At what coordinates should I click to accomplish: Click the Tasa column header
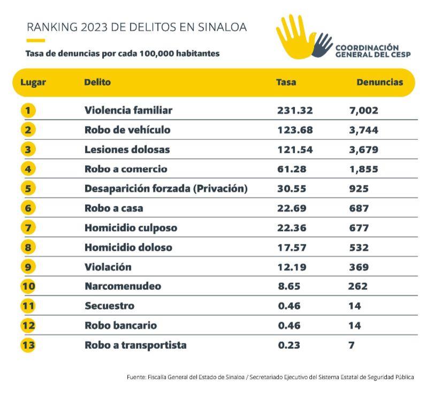(x=286, y=82)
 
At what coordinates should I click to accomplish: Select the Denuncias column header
(x=380, y=82)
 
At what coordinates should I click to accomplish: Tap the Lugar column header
(x=33, y=83)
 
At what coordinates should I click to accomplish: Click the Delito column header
(x=97, y=82)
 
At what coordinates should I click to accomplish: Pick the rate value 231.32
(x=295, y=110)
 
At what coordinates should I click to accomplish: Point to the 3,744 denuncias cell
(x=364, y=130)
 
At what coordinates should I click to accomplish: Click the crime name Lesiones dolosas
(x=127, y=149)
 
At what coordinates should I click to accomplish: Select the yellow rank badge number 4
(x=28, y=169)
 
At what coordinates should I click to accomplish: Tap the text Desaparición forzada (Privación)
(x=166, y=189)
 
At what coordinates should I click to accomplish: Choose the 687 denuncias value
(x=359, y=208)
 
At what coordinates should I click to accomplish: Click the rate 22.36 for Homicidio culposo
(x=292, y=228)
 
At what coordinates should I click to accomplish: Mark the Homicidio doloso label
(x=128, y=247)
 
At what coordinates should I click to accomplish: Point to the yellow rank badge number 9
(x=28, y=267)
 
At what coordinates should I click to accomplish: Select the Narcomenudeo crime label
(x=123, y=286)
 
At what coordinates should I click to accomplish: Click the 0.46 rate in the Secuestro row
(x=289, y=306)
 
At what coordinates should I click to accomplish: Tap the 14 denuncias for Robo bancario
(x=355, y=326)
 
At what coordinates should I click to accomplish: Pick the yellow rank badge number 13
(x=28, y=346)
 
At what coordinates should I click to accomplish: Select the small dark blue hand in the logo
(x=322, y=45)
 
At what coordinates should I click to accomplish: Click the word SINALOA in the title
(x=222, y=27)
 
